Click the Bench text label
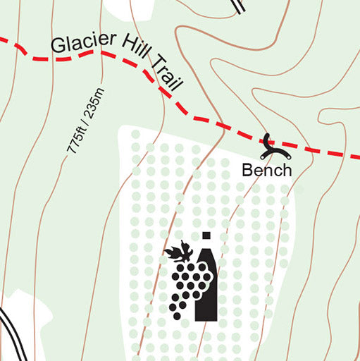tap(266, 170)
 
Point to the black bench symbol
tap(268, 146)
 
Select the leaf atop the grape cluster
tap(179, 251)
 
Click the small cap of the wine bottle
tap(206, 235)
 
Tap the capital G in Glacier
tap(57, 47)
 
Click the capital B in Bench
tap(247, 170)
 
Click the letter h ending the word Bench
tap(285, 170)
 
